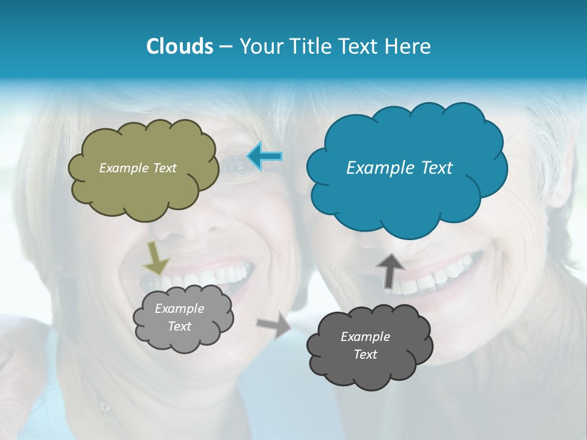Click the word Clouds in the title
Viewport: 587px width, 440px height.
point(179,46)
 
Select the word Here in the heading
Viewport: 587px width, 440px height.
point(409,46)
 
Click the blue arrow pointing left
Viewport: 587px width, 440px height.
point(265,156)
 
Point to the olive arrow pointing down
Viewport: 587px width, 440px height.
point(156,258)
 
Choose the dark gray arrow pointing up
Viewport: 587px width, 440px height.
point(390,269)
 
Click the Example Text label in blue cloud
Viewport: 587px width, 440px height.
point(399,168)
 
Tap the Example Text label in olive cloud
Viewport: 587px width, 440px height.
point(138,168)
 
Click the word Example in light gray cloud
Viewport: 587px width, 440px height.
point(180,309)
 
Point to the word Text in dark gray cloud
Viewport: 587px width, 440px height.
point(365,354)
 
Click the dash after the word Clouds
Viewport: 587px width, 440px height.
point(225,47)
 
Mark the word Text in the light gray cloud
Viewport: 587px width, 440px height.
point(180,326)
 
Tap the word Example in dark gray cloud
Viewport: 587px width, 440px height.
point(365,337)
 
